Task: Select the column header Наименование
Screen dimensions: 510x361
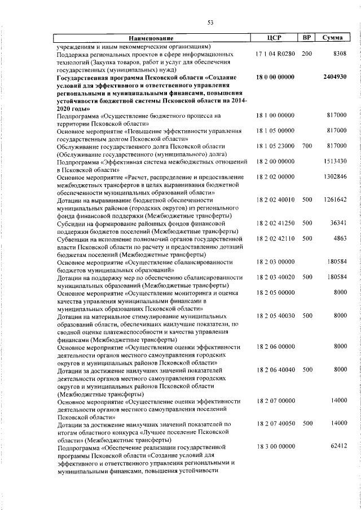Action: click(153, 38)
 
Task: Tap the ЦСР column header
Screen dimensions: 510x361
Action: click(276, 38)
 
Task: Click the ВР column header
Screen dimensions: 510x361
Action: click(307, 38)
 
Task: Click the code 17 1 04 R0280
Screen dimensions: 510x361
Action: click(275, 54)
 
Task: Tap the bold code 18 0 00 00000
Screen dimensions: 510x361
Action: click(275, 77)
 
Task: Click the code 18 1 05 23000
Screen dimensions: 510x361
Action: click(275, 146)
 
